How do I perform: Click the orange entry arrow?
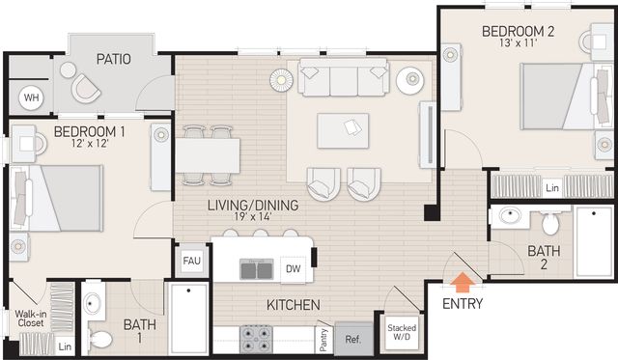462,283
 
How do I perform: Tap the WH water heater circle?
32,97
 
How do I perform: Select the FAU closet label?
191,261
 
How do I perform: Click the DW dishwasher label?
293,269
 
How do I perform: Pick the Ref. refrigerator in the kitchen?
354,339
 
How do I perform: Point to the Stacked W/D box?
402,332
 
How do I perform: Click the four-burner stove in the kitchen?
256,339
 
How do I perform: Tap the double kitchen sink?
257,269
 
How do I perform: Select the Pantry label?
323,340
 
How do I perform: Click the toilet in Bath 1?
100,339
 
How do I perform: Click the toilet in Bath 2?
549,223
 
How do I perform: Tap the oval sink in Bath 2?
510,215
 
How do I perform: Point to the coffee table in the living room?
343,130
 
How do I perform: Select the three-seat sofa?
344,77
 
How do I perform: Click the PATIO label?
114,59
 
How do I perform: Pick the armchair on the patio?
86,88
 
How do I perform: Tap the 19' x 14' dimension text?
253,216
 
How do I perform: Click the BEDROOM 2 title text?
519,31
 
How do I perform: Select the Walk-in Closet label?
31,318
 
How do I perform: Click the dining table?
208,155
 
